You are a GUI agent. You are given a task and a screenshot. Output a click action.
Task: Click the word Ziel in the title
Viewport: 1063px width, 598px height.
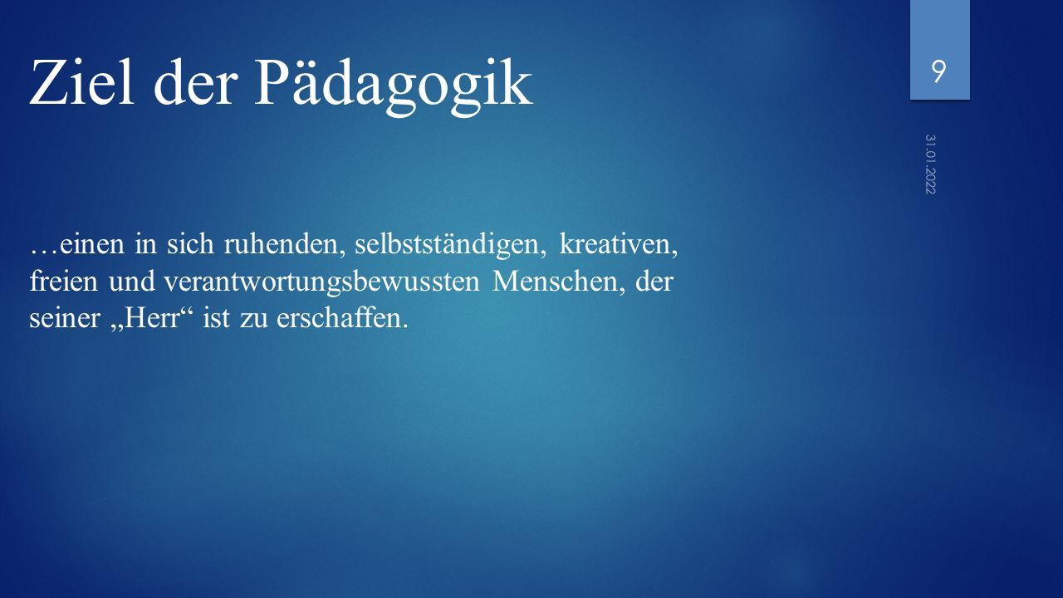[81, 81]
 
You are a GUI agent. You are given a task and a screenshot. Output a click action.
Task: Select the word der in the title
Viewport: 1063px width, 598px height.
[194, 81]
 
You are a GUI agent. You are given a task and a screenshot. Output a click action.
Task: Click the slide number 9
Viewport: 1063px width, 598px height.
[938, 72]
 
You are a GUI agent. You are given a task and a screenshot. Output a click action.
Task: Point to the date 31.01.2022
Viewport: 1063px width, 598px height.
[930, 164]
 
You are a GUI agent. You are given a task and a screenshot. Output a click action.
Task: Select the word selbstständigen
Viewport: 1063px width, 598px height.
[450, 245]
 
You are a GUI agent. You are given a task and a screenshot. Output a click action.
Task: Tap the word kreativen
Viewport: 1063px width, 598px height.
[619, 244]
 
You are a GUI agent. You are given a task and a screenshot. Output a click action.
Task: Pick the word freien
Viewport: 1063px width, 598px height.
[64, 281]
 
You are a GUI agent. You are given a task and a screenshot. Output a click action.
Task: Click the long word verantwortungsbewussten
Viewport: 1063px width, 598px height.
[321, 282]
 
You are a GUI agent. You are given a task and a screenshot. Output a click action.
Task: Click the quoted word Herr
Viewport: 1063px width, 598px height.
[152, 317]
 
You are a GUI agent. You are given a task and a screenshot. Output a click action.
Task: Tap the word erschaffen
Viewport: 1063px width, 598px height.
[342, 317]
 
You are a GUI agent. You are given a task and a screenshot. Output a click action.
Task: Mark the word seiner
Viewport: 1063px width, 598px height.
[65, 317]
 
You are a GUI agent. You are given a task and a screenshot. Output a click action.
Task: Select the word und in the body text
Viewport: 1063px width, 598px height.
[131, 281]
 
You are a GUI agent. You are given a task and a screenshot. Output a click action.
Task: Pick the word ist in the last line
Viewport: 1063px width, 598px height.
[216, 317]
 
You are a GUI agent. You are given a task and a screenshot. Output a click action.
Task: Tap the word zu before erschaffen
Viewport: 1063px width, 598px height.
[253, 319]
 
